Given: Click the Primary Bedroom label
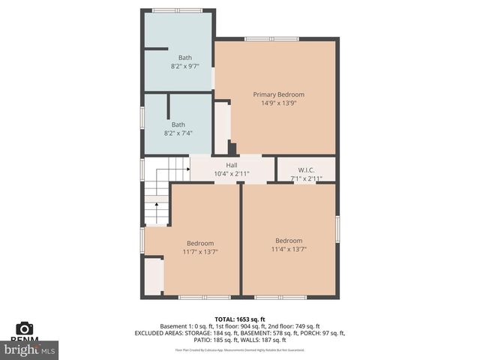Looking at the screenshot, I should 278,94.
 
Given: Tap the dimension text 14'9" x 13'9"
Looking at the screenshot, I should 278,103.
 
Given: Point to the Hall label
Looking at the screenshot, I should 232,165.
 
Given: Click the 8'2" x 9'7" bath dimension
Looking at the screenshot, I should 184,66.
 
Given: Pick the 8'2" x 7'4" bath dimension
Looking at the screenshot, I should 178,133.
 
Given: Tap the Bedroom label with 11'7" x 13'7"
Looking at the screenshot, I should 200,243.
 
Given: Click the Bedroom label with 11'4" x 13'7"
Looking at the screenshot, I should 289,240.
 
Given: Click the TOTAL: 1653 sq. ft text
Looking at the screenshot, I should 240,319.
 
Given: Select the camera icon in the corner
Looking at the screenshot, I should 25,328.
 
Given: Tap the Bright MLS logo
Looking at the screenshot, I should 29,349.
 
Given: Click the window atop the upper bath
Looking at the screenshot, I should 177,10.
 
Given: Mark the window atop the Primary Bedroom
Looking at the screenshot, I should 271,38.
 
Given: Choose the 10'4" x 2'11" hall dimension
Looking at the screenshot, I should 232,173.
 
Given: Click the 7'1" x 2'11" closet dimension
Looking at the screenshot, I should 306,178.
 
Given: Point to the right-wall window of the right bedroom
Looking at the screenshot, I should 337,229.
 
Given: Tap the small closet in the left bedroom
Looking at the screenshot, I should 153,276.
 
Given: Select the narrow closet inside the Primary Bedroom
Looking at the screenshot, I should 222,127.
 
